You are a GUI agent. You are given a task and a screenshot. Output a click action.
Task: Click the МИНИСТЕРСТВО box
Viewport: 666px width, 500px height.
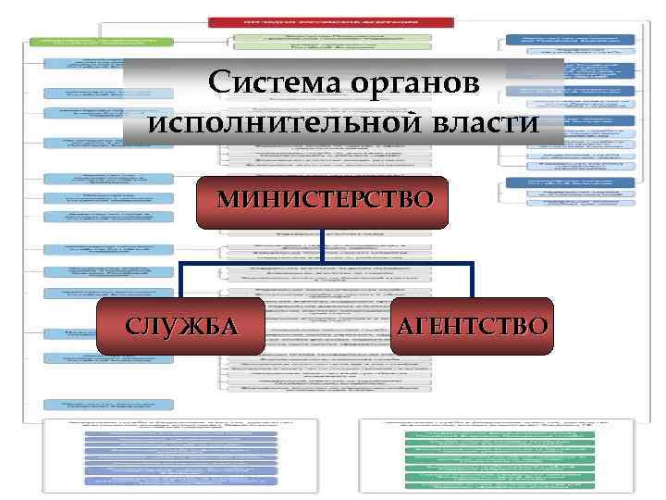324,201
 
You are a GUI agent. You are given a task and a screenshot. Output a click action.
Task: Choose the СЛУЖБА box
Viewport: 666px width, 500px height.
180,325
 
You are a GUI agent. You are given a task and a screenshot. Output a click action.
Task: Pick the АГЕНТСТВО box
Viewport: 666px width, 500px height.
472,325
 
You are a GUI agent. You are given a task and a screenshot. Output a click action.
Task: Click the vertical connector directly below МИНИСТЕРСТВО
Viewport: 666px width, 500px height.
324,244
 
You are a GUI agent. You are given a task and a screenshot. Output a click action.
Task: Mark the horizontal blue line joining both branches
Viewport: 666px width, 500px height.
324,263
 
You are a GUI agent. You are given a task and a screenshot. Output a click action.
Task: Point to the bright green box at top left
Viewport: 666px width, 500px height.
102,42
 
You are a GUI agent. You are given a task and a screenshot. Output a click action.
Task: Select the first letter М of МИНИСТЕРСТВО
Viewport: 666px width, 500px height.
227,200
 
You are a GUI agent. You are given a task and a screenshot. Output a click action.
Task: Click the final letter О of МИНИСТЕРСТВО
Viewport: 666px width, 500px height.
422,200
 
